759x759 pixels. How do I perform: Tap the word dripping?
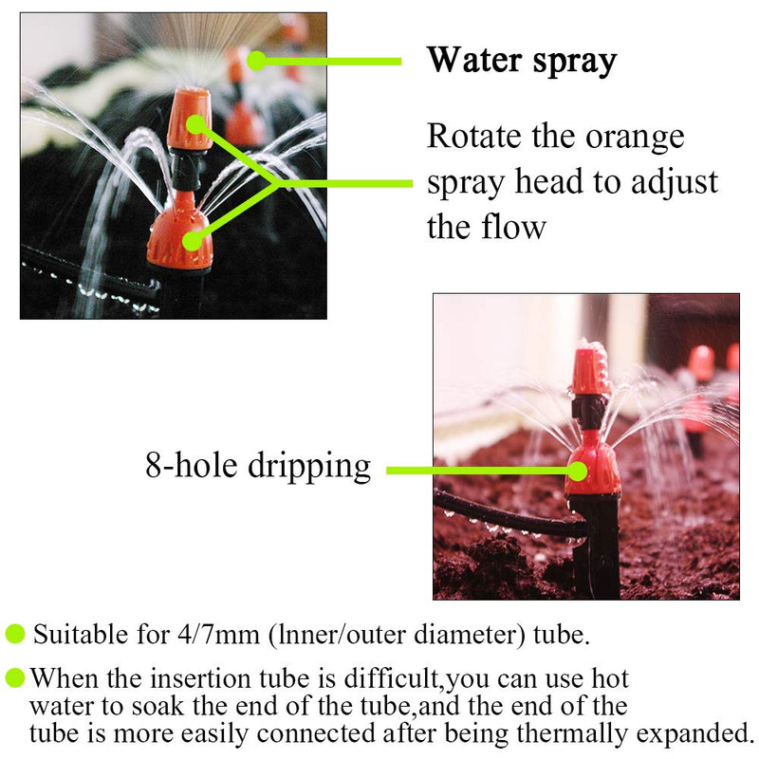[x=309, y=468]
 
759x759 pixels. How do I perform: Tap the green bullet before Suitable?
[x=15, y=634]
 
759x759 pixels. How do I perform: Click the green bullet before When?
[x=15, y=678]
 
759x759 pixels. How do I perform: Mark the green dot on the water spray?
[x=255, y=60]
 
